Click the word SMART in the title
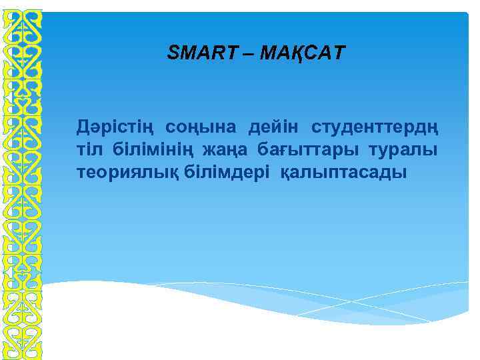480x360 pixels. click(197, 53)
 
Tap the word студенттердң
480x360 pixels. click(375, 126)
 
